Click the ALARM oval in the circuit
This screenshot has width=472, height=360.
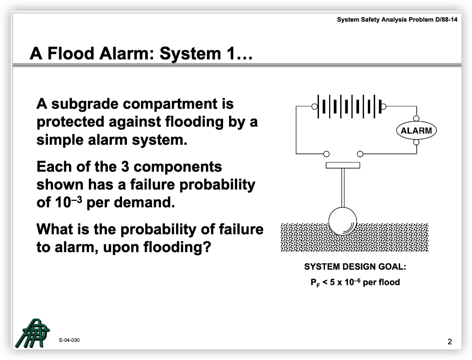click(x=416, y=130)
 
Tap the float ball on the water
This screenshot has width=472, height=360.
click(x=342, y=221)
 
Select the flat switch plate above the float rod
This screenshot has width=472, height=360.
click(x=342, y=165)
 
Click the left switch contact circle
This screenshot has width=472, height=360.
click(x=326, y=153)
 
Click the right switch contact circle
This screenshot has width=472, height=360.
click(x=360, y=153)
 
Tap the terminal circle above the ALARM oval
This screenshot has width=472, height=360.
click(x=416, y=118)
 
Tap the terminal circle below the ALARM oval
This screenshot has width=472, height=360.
click(x=416, y=142)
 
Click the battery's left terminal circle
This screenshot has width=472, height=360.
click(x=314, y=106)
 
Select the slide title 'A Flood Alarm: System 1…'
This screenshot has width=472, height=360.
click(x=142, y=54)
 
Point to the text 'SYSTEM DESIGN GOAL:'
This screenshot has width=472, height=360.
click(x=355, y=266)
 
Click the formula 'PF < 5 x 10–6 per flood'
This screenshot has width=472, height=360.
click(x=355, y=282)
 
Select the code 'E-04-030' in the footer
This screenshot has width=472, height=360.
click(x=69, y=340)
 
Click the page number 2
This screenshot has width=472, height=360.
click(x=450, y=342)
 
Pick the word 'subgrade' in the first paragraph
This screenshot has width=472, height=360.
click(x=87, y=104)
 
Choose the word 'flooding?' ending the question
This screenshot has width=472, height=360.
click(x=177, y=247)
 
